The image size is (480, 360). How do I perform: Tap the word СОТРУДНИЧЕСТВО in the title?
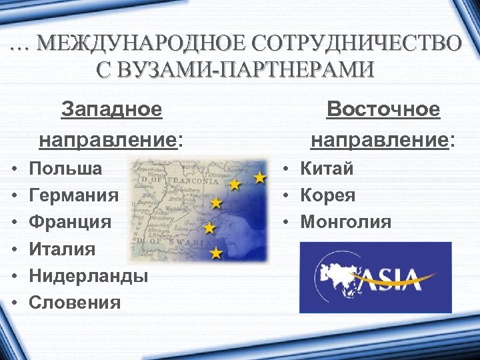(353, 44)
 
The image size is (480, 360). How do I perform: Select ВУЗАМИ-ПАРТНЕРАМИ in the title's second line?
(245, 69)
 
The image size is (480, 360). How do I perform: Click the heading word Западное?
(111, 109)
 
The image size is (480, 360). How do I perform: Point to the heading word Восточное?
(383, 109)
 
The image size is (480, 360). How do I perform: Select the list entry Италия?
(63, 249)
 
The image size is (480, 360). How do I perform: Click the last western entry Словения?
(75, 303)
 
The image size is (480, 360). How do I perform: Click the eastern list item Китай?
(327, 169)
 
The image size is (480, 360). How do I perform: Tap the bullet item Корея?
(327, 195)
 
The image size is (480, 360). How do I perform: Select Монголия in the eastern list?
(346, 222)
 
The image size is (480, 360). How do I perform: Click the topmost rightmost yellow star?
(259, 177)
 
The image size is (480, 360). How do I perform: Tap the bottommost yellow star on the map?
(216, 253)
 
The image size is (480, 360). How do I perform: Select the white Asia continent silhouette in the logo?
(341, 274)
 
